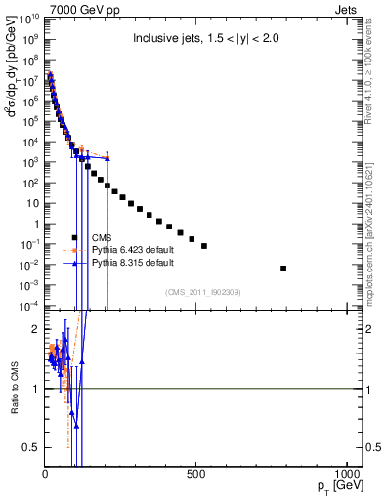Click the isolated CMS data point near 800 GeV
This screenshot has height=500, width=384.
(283, 268)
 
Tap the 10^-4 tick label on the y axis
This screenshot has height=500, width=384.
(28, 307)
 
